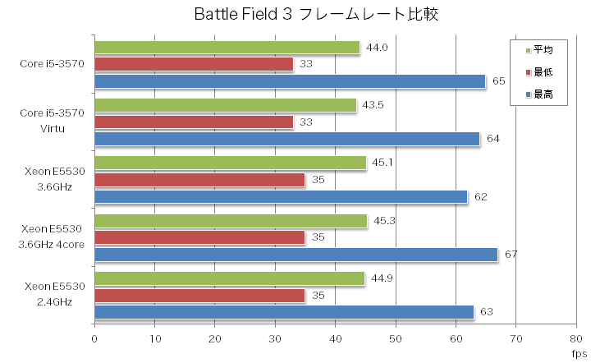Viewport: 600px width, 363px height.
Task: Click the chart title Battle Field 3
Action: pyautogui.click(x=300, y=14)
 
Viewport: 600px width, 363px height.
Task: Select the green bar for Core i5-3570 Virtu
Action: pyautogui.click(x=226, y=105)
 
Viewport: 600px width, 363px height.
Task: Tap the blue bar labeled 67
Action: pyautogui.click(x=296, y=255)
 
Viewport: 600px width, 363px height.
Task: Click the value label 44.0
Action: pyautogui.click(x=377, y=48)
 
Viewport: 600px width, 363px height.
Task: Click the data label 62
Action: pyautogui.click(x=482, y=197)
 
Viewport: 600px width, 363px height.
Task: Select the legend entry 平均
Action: pyautogui.click(x=543, y=49)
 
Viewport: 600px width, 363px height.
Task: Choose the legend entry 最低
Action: pyautogui.click(x=543, y=72)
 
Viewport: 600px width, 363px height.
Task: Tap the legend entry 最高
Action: pyautogui.click(x=543, y=95)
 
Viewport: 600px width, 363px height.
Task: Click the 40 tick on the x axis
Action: pyautogui.click(x=336, y=338)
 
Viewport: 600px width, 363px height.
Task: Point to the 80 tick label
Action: pyautogui.click(x=576, y=338)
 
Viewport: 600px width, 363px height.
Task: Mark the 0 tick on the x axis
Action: pyautogui.click(x=95, y=338)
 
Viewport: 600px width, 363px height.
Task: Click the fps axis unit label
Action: pyautogui.click(x=579, y=354)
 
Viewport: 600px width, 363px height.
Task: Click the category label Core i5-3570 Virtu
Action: pyautogui.click(x=57, y=121)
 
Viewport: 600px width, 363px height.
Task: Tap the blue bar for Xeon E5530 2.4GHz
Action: pyautogui.click(x=284, y=312)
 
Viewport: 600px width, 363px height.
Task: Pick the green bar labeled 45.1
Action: pyautogui.click(x=231, y=163)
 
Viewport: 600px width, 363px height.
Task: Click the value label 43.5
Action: pyautogui.click(x=373, y=105)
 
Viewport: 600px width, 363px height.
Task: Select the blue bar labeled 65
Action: pyautogui.click(x=290, y=81)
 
